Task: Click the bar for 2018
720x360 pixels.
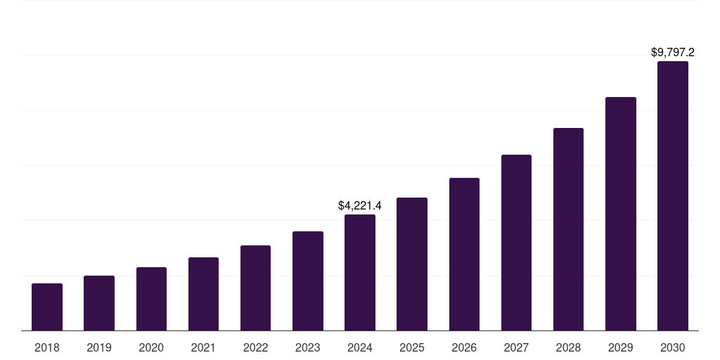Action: [47, 307]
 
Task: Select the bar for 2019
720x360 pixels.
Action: [99, 303]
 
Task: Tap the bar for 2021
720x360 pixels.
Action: [203, 294]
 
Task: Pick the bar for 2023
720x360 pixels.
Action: [308, 281]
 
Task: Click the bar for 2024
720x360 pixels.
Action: [360, 272]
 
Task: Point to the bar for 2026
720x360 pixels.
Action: [464, 254]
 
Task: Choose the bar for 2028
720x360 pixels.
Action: [568, 229]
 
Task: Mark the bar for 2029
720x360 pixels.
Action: [620, 214]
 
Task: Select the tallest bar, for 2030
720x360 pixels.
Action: [673, 195]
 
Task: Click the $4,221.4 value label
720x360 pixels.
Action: [360, 206]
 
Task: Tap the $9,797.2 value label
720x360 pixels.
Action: [673, 53]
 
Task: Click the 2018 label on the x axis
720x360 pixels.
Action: [47, 347]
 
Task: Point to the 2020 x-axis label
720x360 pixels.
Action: [151, 347]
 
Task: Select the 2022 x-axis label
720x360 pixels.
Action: [255, 347]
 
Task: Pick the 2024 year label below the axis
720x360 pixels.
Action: [360, 347]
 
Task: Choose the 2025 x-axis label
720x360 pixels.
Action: [412, 347]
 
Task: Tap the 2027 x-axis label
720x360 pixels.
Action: [516, 347]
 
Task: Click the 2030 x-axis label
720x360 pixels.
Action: [673, 347]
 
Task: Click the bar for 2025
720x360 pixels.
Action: [412, 264]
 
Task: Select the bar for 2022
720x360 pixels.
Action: [255, 288]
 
